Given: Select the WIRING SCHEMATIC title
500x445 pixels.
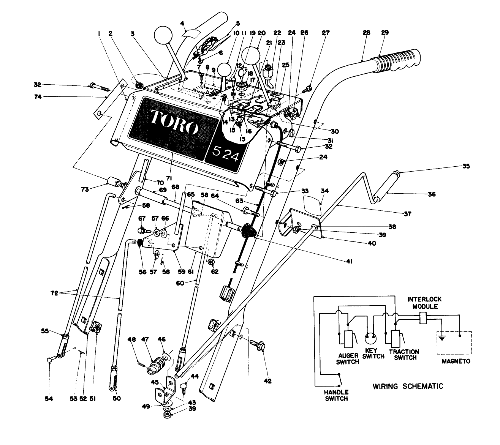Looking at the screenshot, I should (408, 386).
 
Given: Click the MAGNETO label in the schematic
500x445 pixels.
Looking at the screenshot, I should (456, 361).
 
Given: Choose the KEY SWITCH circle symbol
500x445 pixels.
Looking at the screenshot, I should (372, 339).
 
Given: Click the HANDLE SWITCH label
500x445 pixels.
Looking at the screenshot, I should (337, 395).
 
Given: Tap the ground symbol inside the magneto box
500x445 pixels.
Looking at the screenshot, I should (442, 336).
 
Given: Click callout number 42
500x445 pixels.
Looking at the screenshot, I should (267, 381).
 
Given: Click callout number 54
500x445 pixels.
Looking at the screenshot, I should (49, 398).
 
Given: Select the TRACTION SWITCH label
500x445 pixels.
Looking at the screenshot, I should (404, 355).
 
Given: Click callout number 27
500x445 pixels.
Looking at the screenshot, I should (326, 33).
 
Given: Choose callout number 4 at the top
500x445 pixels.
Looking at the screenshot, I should (182, 23).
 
